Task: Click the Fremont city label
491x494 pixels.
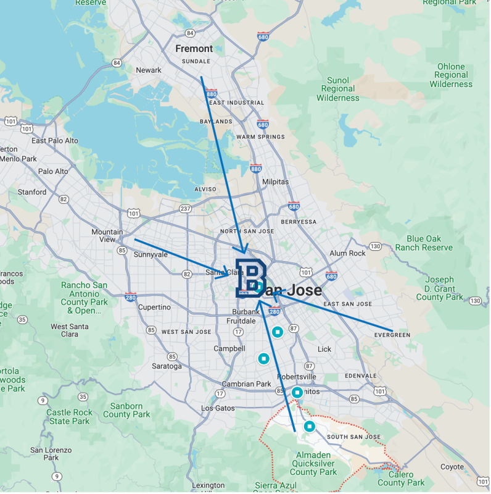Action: pyautogui.click(x=194, y=48)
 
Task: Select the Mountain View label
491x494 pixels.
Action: pyautogui.click(x=107, y=236)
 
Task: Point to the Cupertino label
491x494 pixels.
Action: pyautogui.click(x=154, y=307)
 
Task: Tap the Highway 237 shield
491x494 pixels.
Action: pyautogui.click(x=185, y=209)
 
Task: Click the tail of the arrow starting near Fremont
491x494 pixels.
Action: pyautogui.click(x=202, y=77)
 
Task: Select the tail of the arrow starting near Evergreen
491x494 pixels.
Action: pyautogui.click(x=392, y=330)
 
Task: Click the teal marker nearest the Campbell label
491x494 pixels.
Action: pyautogui.click(x=264, y=358)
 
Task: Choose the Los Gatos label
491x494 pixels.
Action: pyautogui.click(x=218, y=408)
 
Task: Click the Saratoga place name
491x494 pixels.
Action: pyautogui.click(x=167, y=366)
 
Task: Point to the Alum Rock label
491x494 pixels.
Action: pyautogui.click(x=347, y=253)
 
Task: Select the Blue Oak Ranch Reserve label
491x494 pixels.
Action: pyautogui.click(x=424, y=243)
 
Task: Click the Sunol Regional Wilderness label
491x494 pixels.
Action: pyautogui.click(x=338, y=89)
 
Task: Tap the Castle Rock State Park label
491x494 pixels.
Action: pyautogui.click(x=69, y=417)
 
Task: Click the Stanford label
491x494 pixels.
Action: pyautogui.click(x=31, y=192)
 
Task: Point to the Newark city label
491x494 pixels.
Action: pyautogui.click(x=149, y=70)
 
